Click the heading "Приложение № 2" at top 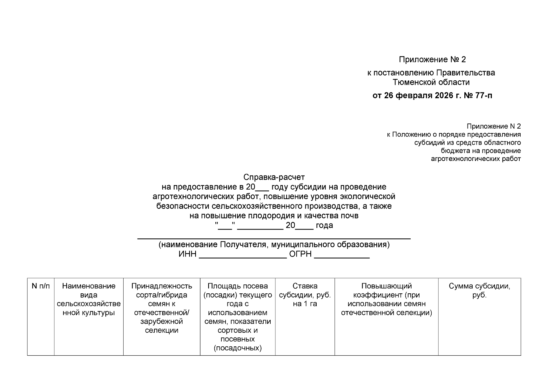(432, 59)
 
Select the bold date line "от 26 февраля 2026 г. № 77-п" (432, 95)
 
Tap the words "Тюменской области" (431, 82)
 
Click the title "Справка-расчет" (274, 177)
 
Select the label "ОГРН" (300, 254)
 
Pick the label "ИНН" (187, 254)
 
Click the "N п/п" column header (41, 286)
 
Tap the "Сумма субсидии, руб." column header (479, 291)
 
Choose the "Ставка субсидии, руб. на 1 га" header (305, 295)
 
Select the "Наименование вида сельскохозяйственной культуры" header (89, 299)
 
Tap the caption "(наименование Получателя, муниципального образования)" (274, 244)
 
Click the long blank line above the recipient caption (274, 238)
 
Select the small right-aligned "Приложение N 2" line (494, 126)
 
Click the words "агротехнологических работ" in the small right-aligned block (475, 159)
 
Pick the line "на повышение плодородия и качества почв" (274, 216)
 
